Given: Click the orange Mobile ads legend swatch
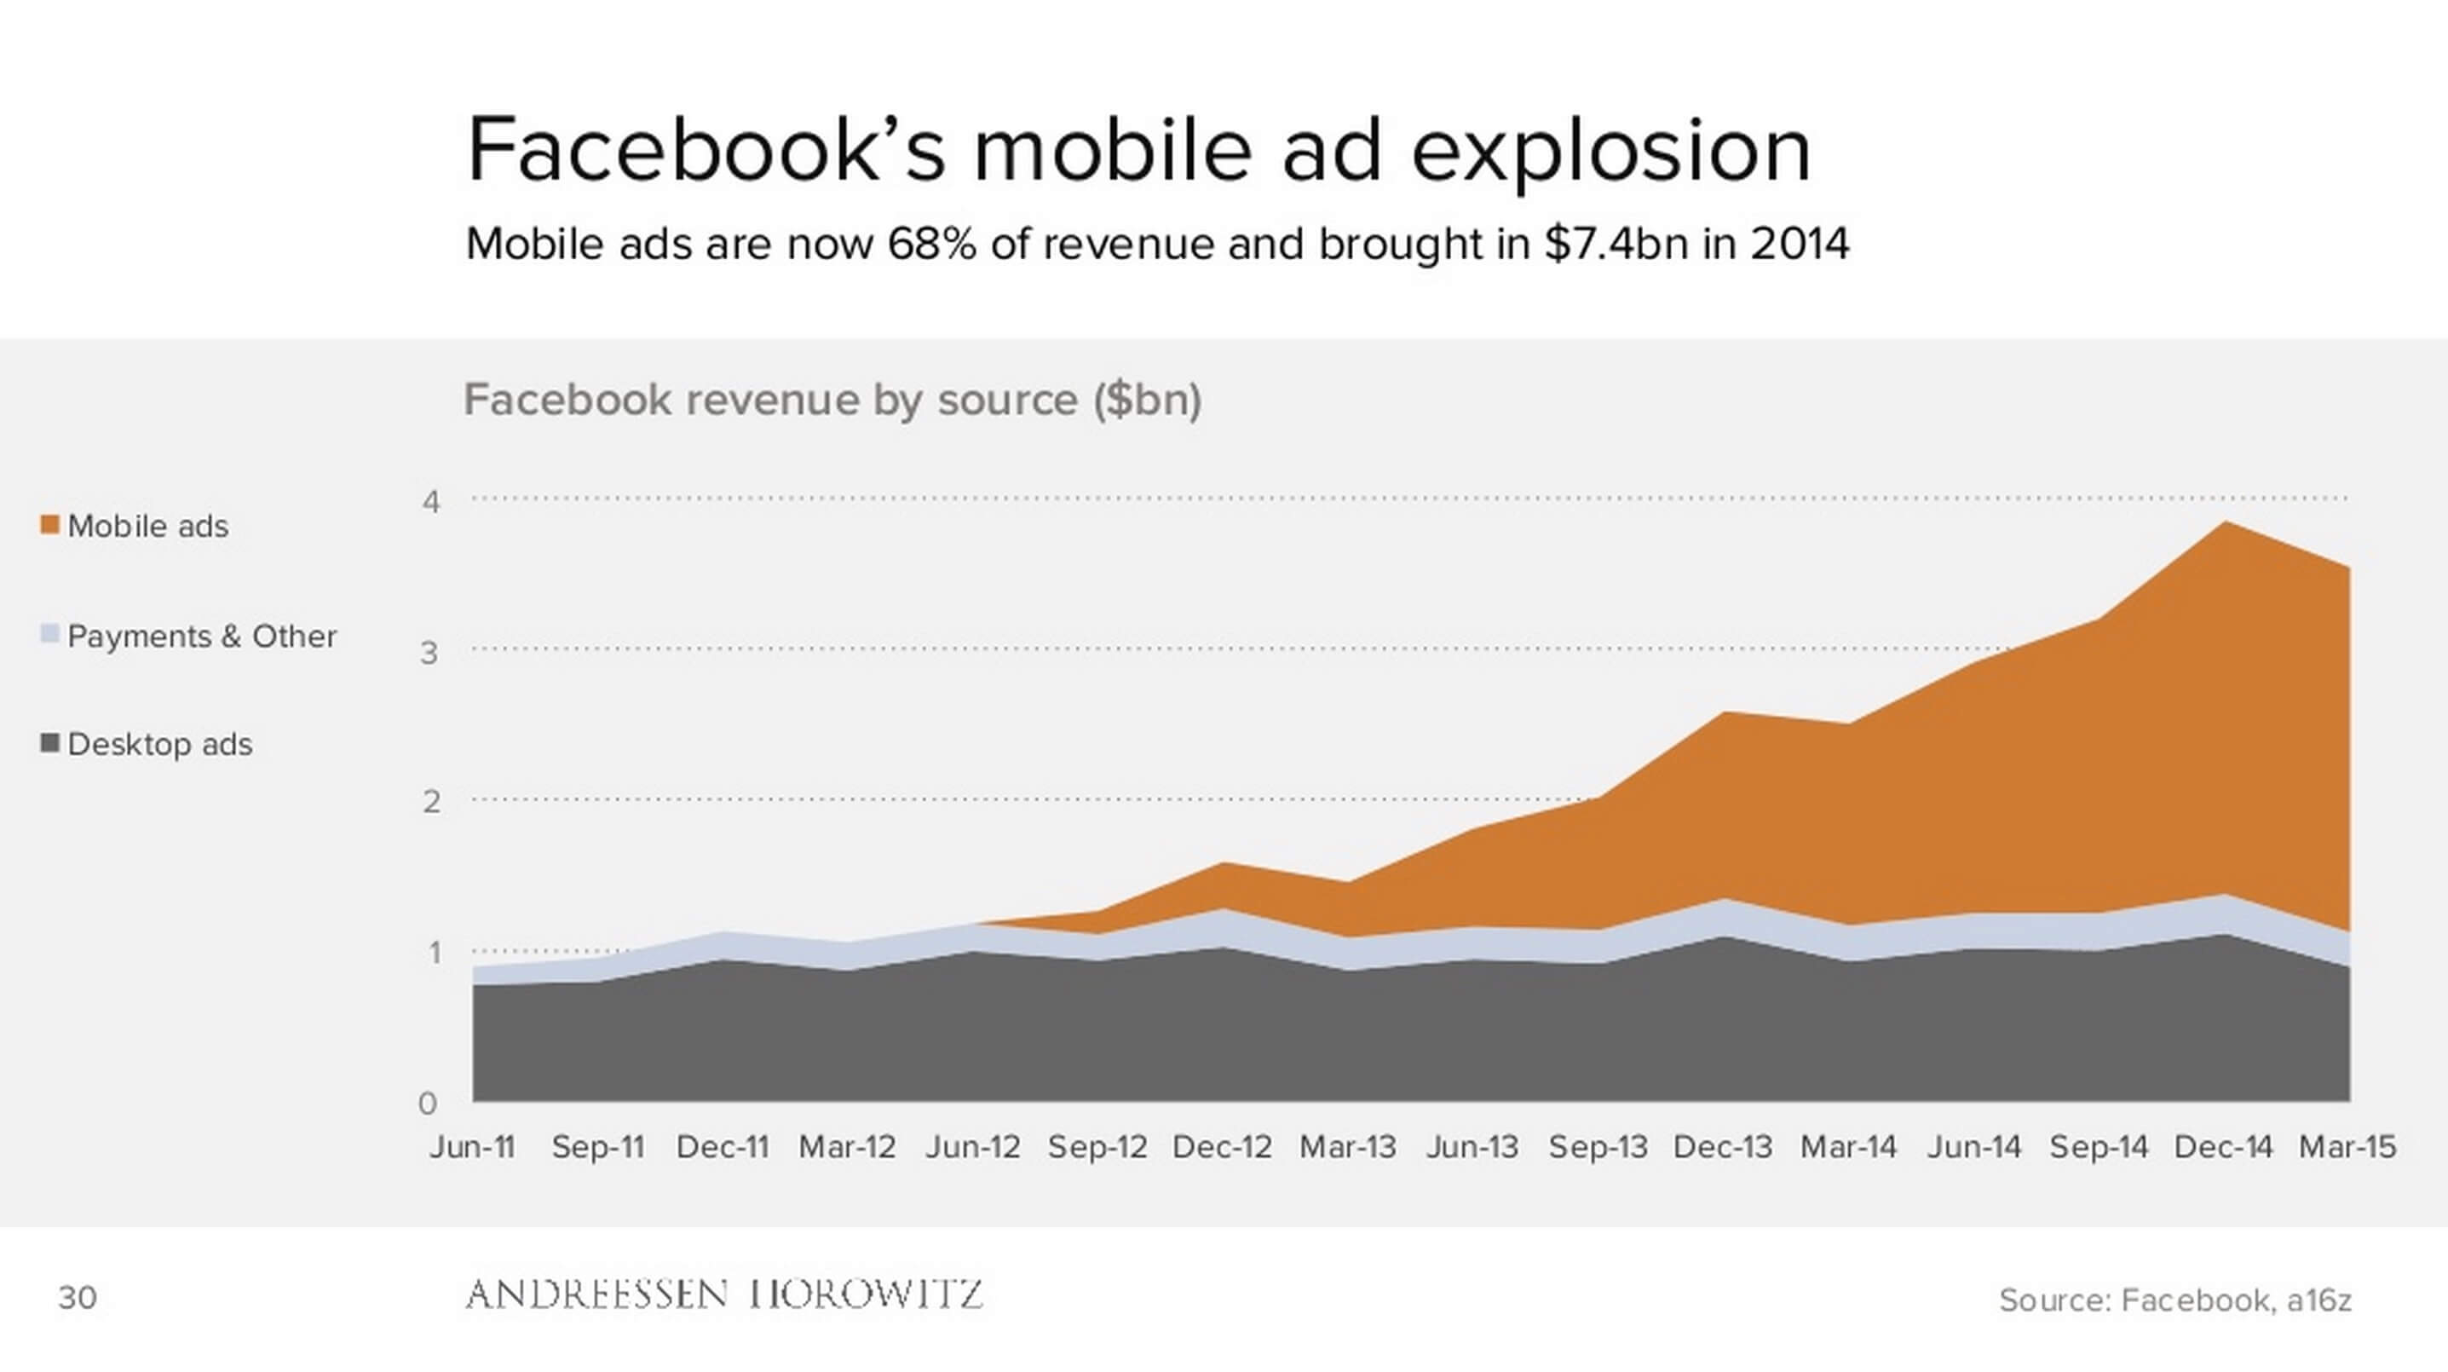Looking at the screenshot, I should [x=50, y=524].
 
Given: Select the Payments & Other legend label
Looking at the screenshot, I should [x=201, y=636].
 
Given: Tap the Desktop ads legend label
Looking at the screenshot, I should [x=159, y=744].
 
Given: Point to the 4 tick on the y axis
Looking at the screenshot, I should [x=431, y=501].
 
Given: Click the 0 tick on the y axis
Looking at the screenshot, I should [x=428, y=1103].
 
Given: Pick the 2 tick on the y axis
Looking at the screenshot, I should [x=431, y=802].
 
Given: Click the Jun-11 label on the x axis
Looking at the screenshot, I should [x=472, y=1147].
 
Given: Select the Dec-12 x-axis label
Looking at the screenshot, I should [x=1222, y=1147].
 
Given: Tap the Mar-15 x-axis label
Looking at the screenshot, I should [x=2347, y=1147].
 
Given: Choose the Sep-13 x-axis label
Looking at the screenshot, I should [x=1598, y=1147].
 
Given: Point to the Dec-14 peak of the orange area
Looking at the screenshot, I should [x=2225, y=522].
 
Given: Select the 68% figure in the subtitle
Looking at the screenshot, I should [x=931, y=245].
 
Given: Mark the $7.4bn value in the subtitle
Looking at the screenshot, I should [x=1616, y=245].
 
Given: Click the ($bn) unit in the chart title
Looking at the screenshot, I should [x=1147, y=400].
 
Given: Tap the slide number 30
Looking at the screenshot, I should [x=77, y=1298].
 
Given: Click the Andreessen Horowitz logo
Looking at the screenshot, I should [x=724, y=1294].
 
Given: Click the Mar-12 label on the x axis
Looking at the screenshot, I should [x=848, y=1147].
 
